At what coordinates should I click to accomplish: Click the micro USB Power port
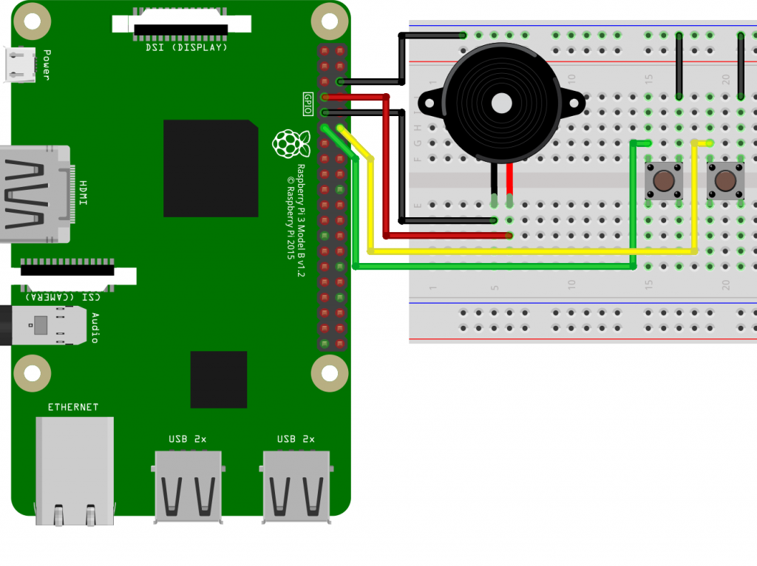coord(19,65)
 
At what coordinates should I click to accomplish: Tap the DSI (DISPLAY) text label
coord(186,48)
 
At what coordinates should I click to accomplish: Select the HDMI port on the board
coord(35,194)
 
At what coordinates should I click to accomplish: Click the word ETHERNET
coord(73,407)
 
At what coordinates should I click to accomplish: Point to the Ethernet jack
coord(75,471)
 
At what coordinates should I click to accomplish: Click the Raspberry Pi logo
coord(291,143)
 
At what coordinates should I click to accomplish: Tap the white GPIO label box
coord(308,103)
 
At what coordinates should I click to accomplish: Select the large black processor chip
coord(211,168)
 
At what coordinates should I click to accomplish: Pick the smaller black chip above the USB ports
coord(219,379)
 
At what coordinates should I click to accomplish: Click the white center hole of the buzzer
coord(502,103)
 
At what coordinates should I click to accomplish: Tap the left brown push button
coord(664,181)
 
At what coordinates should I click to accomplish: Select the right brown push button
coord(725,181)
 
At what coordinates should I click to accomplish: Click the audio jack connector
coord(44,325)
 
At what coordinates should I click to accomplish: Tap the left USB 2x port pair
coord(189,486)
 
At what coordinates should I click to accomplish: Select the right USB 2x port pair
coord(296,486)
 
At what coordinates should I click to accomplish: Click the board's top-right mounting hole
coord(330,21)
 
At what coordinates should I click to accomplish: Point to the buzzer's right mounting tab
coord(574,103)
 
